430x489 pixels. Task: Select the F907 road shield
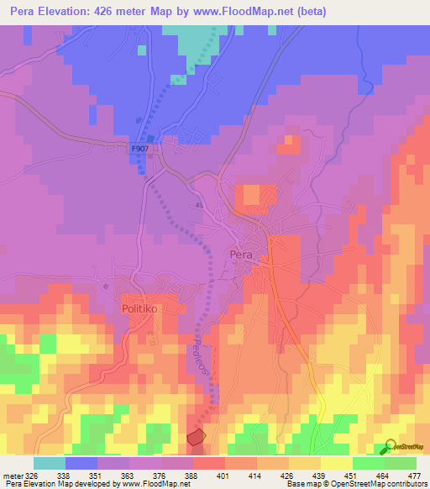[x=141, y=149]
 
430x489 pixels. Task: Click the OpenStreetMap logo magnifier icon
[x=391, y=445]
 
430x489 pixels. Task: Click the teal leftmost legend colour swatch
[x=50, y=462]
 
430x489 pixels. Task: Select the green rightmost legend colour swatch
[x=401, y=462]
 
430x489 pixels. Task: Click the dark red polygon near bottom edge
[x=196, y=436]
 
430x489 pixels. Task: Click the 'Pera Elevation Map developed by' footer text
[x=59, y=484]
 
